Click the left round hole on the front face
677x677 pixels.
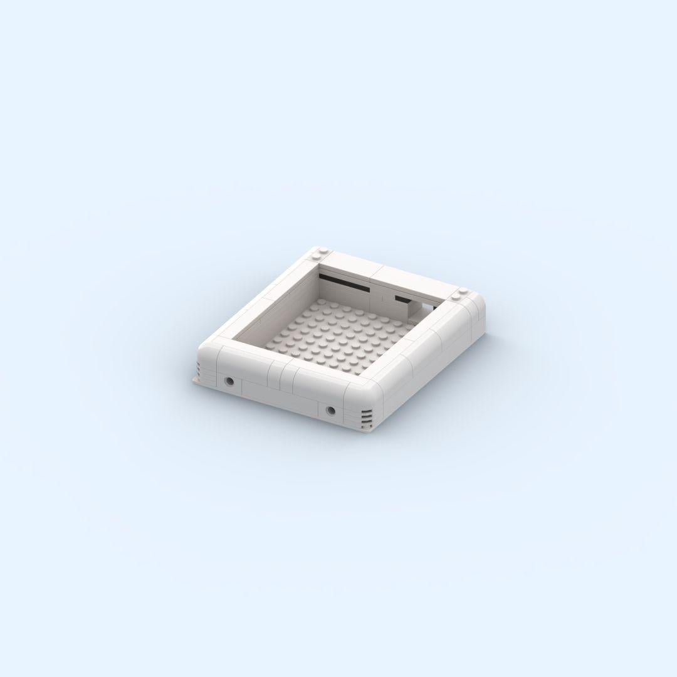(230, 380)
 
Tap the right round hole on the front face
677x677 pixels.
(330, 411)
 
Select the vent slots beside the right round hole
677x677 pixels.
(366, 416)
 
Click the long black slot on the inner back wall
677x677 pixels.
(345, 283)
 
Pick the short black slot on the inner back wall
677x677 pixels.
(401, 298)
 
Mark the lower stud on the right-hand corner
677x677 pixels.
(456, 297)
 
